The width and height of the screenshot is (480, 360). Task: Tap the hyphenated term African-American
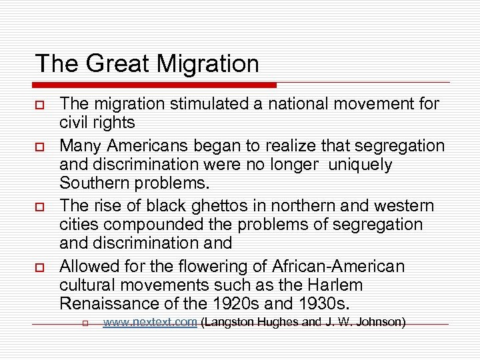pos(338,267)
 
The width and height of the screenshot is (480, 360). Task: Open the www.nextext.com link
pos(150,323)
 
